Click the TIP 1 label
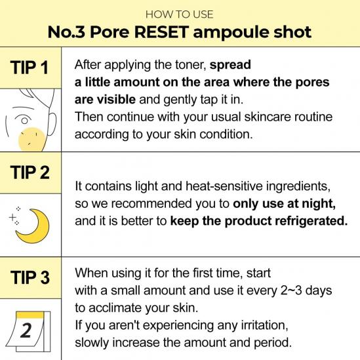(x=29, y=68)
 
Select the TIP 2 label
(x=30, y=172)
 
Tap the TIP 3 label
(x=30, y=277)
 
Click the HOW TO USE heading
(x=179, y=14)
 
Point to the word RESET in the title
(x=161, y=32)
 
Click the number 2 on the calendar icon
(x=26, y=330)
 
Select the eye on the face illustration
(x=24, y=119)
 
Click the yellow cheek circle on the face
(x=32, y=140)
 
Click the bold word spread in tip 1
(x=230, y=65)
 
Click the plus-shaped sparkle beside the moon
(x=12, y=216)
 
